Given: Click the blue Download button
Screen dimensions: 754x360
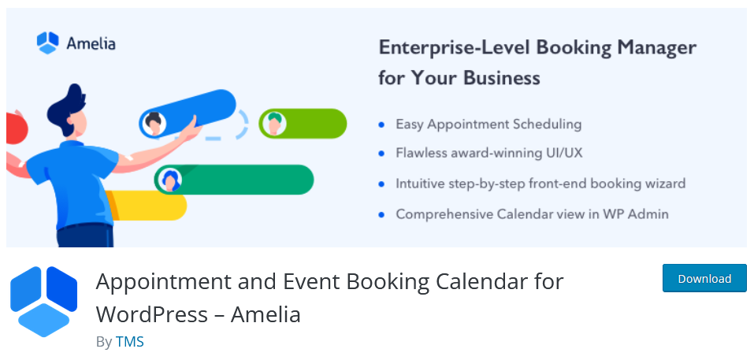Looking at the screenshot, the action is [x=704, y=278].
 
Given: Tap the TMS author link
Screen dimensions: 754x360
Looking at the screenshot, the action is [x=130, y=342].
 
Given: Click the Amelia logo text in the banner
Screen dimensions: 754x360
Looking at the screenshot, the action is [x=91, y=44].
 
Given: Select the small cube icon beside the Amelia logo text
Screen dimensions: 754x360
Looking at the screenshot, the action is [x=47, y=43].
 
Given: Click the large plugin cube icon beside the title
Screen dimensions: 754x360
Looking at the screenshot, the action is [x=44, y=302].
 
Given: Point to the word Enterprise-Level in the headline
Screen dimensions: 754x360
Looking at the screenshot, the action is [x=454, y=48].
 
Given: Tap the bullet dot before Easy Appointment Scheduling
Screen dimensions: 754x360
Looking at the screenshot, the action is [x=382, y=124].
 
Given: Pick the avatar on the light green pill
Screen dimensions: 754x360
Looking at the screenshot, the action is [x=273, y=124].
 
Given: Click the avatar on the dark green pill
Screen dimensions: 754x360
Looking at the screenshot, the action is [x=169, y=180].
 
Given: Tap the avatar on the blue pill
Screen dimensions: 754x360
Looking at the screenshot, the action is [x=154, y=123].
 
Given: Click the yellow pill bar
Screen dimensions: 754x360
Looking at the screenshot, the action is [x=149, y=206].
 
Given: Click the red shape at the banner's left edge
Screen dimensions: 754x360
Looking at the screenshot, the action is [x=16, y=128].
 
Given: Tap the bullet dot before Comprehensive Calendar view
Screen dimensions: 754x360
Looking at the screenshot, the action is [x=382, y=214].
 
